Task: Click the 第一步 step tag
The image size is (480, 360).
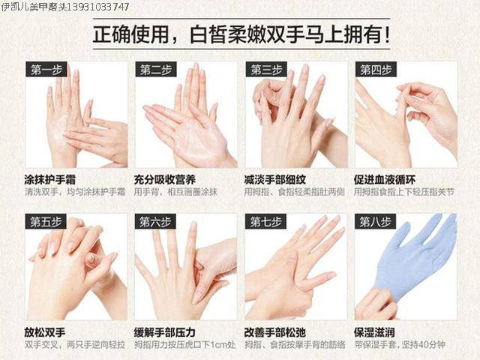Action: coord(46,70)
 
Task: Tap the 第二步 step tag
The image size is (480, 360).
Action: coord(156,70)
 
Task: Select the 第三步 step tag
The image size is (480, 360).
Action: coord(266,70)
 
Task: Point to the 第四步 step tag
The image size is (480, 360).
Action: coord(376,70)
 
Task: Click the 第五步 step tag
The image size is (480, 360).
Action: coord(46,222)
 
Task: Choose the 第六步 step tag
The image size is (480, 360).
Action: coord(155,222)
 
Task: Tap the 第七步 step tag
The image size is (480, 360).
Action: coord(265,222)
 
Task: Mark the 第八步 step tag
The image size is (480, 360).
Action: coord(375,222)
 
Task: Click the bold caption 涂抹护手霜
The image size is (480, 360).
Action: coord(50,180)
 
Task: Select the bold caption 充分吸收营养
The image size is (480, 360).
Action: coord(165,180)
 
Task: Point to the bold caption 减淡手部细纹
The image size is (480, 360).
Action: coord(275,180)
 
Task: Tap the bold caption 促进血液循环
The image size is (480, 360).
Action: coord(385,180)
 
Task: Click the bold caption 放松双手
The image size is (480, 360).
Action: coord(45,332)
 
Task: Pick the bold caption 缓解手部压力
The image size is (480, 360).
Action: coord(165,332)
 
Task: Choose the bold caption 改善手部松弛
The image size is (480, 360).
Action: coord(275,332)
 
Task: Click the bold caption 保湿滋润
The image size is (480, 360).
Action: coord(374,332)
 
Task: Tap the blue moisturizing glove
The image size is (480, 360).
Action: coord(413,263)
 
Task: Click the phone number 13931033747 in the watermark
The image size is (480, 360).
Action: coord(98,7)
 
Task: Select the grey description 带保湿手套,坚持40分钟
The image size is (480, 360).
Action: coord(400,345)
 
